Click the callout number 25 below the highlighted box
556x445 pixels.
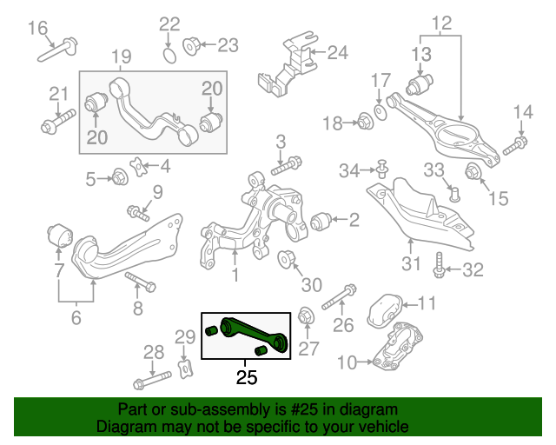tap(247, 377)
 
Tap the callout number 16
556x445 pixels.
tap(38, 29)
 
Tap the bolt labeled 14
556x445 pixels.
tap(520, 141)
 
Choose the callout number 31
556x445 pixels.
tap(411, 262)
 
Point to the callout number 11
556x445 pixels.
tap(427, 303)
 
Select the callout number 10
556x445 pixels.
tap(347, 361)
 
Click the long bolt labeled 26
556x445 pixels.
tap(337, 297)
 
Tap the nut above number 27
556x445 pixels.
tap(306, 315)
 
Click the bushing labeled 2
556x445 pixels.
tap(320, 221)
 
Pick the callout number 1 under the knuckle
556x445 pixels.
tap(234, 276)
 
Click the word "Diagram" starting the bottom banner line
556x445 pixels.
tap(124, 428)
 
